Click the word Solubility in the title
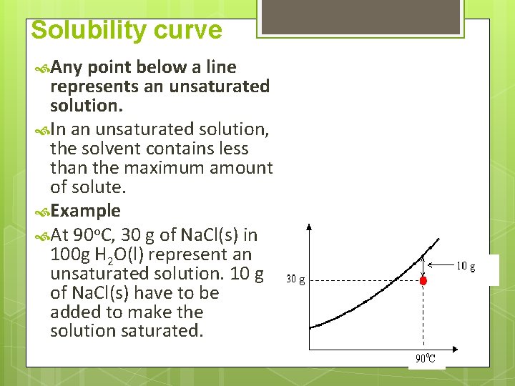(86, 31)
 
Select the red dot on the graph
(423, 281)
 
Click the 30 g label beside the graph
(295, 279)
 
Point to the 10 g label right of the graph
(466, 266)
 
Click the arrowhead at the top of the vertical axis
(308, 227)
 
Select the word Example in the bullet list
(86, 211)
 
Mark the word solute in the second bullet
(97, 187)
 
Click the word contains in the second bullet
(180, 149)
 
